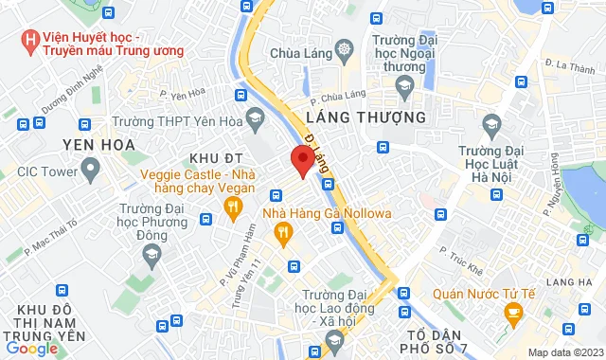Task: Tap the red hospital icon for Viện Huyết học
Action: pyautogui.click(x=30, y=41)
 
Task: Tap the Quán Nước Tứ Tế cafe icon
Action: pyautogui.click(x=513, y=314)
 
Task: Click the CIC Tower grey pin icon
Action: pyautogui.click(x=91, y=171)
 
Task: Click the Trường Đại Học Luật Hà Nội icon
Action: pyautogui.click(x=491, y=124)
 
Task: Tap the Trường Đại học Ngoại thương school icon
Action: pyautogui.click(x=404, y=87)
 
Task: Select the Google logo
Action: pyautogui.click(x=31, y=349)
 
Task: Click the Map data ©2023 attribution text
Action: pyautogui.click(x=563, y=352)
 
